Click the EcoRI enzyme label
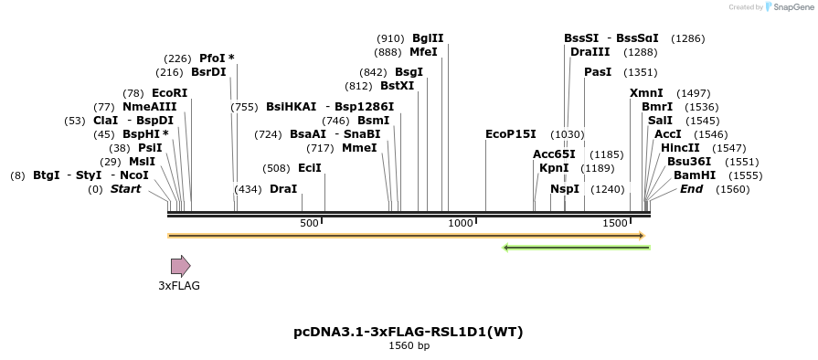click(169, 93)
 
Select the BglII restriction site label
click(428, 38)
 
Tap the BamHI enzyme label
click(694, 175)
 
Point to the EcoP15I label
click(511, 134)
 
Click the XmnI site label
click(646, 93)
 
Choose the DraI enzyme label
click(283, 189)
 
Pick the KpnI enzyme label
click(554, 168)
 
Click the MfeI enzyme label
click(424, 52)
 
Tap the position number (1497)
click(693, 93)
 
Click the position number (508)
click(276, 168)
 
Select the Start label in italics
click(126, 189)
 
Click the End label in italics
click(692, 189)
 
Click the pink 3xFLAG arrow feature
click(180, 266)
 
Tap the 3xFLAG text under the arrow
click(179, 286)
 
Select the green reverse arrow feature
click(576, 247)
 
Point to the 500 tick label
click(309, 224)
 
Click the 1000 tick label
click(461, 224)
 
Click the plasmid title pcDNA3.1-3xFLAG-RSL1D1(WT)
click(409, 332)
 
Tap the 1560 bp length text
click(409, 346)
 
